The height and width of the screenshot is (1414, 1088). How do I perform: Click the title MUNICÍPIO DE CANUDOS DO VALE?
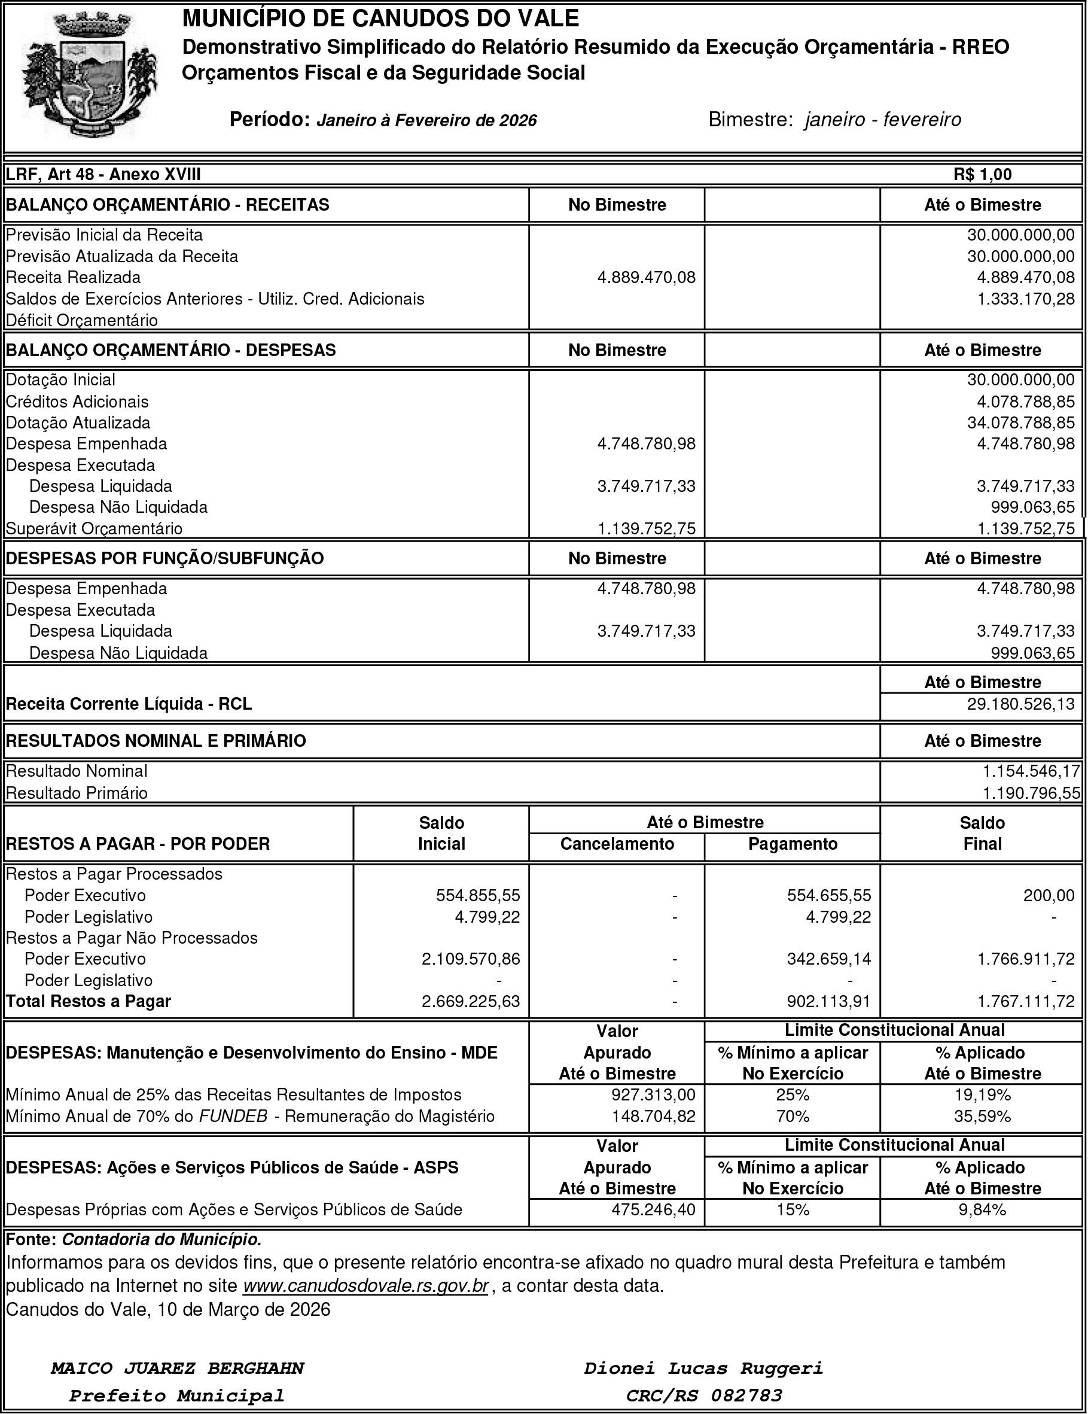[380, 19]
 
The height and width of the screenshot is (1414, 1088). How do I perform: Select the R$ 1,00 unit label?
[982, 174]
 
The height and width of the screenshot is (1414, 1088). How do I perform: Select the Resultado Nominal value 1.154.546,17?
[1031, 771]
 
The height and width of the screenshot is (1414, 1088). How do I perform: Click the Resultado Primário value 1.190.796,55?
[1031, 793]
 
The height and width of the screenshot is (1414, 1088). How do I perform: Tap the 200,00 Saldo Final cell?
[1049, 895]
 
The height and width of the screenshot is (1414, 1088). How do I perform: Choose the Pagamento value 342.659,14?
[829, 958]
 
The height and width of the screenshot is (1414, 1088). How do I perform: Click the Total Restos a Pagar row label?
[88, 1001]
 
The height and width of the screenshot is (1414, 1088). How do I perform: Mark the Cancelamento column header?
[617, 844]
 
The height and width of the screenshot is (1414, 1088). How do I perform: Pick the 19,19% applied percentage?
[982, 1095]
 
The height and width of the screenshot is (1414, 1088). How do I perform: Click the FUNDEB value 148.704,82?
[654, 1116]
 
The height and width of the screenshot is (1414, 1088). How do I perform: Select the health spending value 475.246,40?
[654, 1209]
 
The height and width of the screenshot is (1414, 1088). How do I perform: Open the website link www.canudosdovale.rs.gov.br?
[365, 1285]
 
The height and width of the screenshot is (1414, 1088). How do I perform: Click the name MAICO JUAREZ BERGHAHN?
[177, 1368]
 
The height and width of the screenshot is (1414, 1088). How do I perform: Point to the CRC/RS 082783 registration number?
[703, 1395]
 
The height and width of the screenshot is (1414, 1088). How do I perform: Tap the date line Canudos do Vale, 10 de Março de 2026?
[168, 1309]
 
